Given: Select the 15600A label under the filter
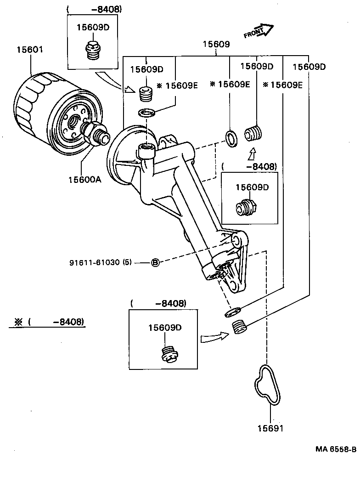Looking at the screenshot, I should click(x=84, y=180).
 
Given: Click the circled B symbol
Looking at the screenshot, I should click(x=155, y=262).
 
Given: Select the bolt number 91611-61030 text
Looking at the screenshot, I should click(x=101, y=262).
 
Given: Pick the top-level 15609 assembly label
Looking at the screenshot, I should click(x=216, y=45).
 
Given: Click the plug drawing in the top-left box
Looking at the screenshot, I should click(x=93, y=50).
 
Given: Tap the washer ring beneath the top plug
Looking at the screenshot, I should click(x=146, y=112).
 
